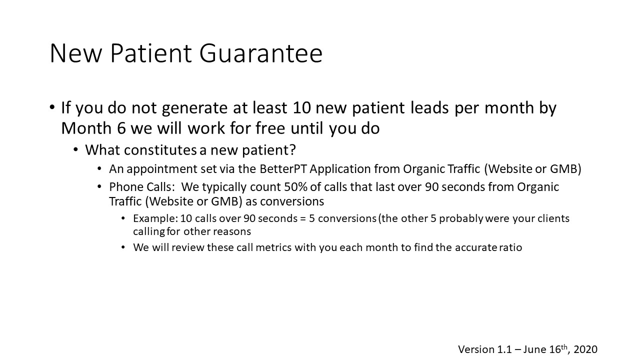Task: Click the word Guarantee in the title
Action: pos(261,53)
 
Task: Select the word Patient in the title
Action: pos(151,53)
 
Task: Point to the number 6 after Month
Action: pos(121,128)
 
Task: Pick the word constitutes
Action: pos(160,150)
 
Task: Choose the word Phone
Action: pos(126,187)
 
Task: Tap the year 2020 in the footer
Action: pos(585,349)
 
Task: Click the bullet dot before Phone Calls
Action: pos(99,187)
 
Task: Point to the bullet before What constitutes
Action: pos(75,149)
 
